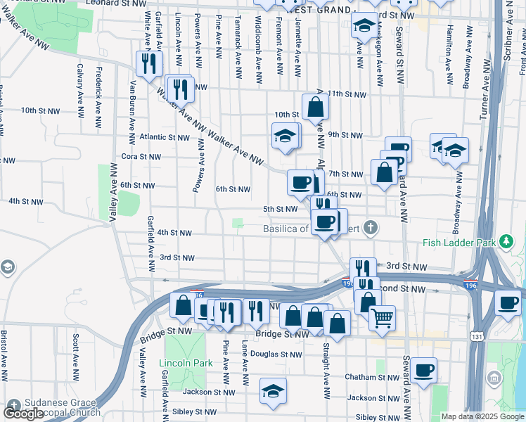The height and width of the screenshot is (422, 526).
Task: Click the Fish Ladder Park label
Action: point(461,243)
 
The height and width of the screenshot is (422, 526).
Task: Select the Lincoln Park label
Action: point(186,363)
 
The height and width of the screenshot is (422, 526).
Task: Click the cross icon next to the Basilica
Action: point(370,228)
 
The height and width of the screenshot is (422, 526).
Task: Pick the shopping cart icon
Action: point(382,317)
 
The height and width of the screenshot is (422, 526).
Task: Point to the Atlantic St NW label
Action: point(165,137)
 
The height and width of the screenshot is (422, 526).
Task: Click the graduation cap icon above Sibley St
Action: point(273,391)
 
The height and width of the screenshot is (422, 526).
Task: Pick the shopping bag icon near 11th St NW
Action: point(316,107)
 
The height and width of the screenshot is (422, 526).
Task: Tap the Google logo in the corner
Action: point(24,414)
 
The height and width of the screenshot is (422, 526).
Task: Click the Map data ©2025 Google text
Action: point(482,416)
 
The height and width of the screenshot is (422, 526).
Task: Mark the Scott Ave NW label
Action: point(75,352)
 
